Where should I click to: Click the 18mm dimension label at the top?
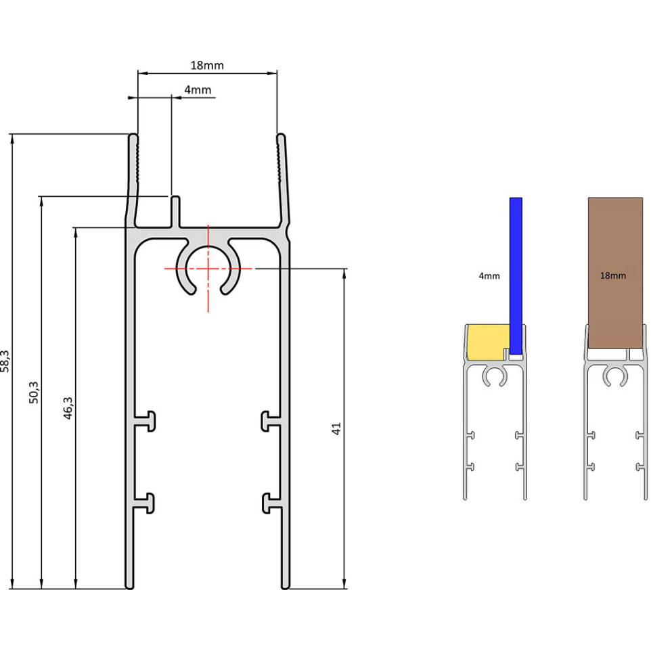pos(207,66)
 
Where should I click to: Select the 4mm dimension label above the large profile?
pos(198,90)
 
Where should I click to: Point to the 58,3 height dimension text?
pos(5,361)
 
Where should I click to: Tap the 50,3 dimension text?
pos(34,392)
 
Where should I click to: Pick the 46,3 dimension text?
pos(68,408)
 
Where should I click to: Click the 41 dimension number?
pos(336,428)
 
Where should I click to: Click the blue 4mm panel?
pos(516,276)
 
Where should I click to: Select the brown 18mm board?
pos(615,273)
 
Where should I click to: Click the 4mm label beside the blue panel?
pos(489,276)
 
